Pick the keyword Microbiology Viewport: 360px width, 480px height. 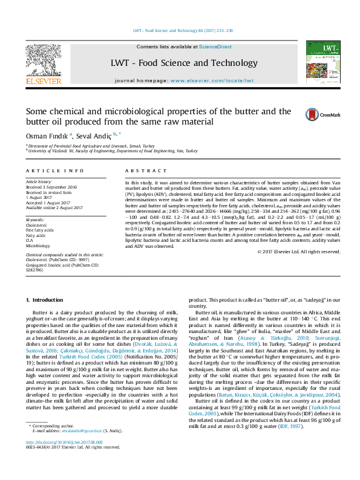38,246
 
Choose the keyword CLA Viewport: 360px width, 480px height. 30,241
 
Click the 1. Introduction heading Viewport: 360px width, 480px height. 46,300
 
